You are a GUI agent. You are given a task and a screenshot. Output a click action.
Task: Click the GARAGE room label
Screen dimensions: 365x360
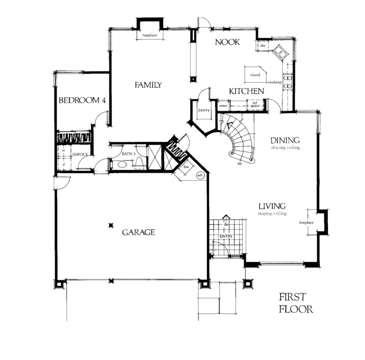coord(139,232)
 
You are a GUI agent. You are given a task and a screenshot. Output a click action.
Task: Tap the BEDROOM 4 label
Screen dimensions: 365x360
coord(82,100)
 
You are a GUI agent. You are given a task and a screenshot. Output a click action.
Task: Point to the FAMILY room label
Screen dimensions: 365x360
coord(148,85)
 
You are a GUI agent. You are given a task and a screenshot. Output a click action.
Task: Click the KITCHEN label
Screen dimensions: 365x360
coord(247,92)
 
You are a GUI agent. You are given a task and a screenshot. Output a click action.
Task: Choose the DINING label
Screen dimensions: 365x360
coord(285,140)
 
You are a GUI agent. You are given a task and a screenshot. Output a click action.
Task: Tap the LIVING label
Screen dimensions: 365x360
coord(272,206)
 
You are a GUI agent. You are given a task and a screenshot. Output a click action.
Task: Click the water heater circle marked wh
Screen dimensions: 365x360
coord(200,175)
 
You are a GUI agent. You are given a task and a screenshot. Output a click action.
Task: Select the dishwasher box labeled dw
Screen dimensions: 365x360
coord(263,45)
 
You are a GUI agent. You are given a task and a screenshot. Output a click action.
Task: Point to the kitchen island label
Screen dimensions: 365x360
coord(255,75)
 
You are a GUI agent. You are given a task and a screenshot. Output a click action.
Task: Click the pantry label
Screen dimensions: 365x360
coord(204,110)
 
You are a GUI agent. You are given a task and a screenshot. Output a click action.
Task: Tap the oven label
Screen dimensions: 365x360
coord(223,106)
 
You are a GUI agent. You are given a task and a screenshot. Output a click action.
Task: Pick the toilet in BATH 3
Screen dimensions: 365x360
coord(139,162)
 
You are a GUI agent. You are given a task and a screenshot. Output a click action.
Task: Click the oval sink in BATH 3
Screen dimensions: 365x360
coord(123,164)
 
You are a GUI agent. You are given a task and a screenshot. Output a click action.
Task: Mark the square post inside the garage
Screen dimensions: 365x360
coord(111,225)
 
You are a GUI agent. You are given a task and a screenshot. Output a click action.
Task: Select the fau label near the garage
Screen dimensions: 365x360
coord(185,167)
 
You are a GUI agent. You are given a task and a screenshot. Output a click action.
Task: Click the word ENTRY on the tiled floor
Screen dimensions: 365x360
coord(226,236)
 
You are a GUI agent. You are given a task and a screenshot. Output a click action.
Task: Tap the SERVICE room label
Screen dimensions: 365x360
coord(80,154)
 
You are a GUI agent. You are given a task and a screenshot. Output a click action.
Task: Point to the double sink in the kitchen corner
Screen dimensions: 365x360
coord(280,52)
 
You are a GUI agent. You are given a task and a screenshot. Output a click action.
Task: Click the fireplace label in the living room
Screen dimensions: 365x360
coord(306,223)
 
